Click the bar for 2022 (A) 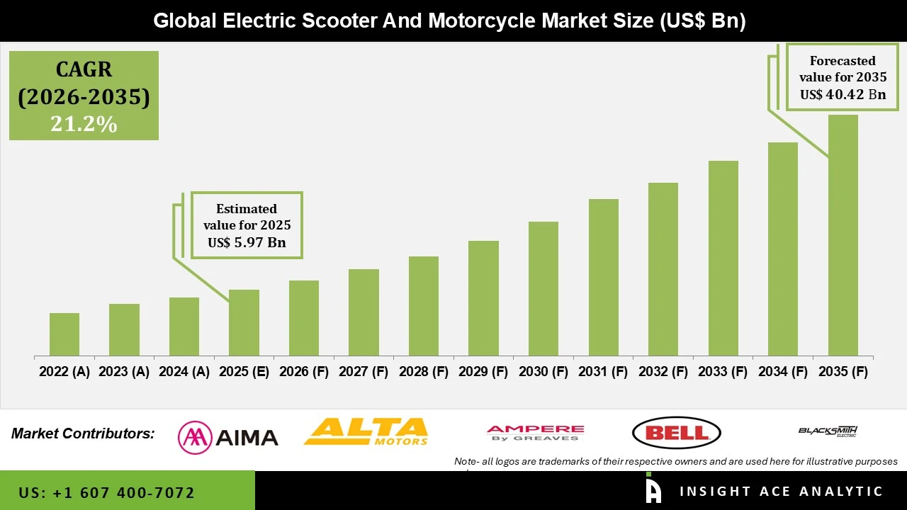(x=64, y=334)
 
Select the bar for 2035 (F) (x=843, y=235)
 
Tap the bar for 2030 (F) (x=543, y=288)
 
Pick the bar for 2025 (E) (x=244, y=322)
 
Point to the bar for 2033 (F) (x=723, y=258)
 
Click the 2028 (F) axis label (x=424, y=372)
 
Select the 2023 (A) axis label (x=124, y=372)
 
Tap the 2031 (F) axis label (x=603, y=372)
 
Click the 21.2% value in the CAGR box (x=84, y=125)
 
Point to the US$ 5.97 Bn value (x=247, y=242)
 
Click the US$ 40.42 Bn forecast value (x=843, y=94)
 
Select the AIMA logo (x=228, y=436)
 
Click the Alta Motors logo (x=366, y=431)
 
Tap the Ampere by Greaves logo (x=535, y=433)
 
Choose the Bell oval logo (x=676, y=433)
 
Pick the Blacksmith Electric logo (x=828, y=431)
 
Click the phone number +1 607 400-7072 (x=107, y=492)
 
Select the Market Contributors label (x=83, y=433)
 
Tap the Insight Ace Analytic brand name (x=781, y=492)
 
